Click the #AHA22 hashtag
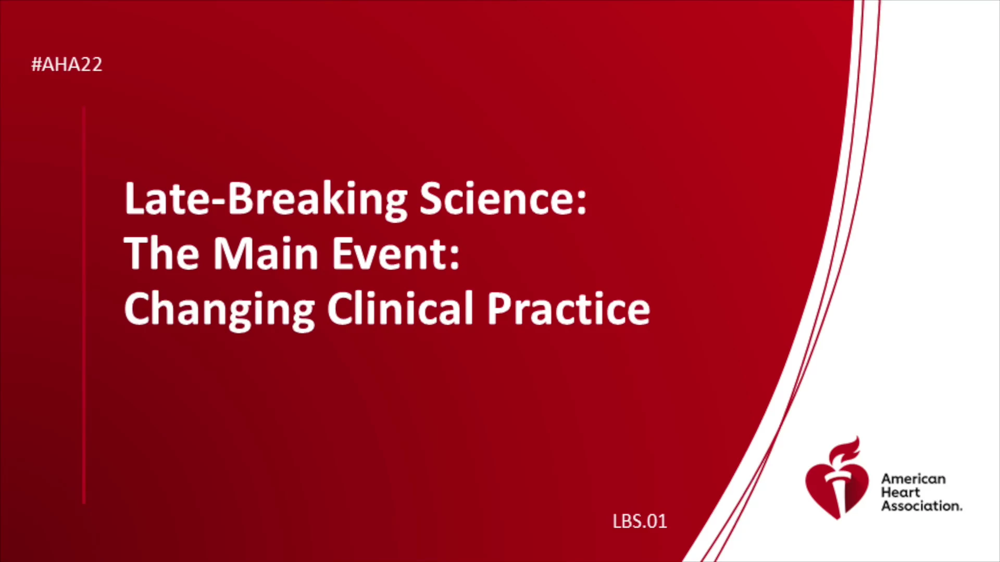coord(67,65)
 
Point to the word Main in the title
coord(266,253)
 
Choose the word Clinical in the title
coord(400,308)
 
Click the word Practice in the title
coord(569,308)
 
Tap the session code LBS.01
coord(640,521)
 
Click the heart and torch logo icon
coord(836,478)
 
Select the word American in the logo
coord(913,479)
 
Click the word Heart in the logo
coord(901,492)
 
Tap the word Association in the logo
coord(921,506)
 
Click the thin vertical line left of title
coord(84,305)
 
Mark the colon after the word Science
coord(581,201)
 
